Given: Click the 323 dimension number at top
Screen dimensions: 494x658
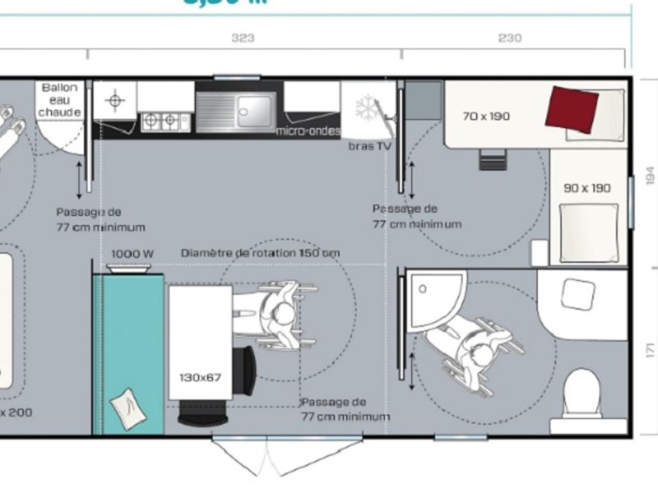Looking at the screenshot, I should pyautogui.click(x=243, y=38).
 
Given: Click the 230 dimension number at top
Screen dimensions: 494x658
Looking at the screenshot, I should pyautogui.click(x=509, y=38).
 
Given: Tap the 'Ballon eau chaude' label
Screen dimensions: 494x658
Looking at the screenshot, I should pyautogui.click(x=60, y=100).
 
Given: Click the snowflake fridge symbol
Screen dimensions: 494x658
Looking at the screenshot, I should pyautogui.click(x=366, y=110).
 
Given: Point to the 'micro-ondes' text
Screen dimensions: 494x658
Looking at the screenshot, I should pyautogui.click(x=308, y=131).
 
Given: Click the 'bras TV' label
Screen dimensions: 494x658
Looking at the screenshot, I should pyautogui.click(x=369, y=146).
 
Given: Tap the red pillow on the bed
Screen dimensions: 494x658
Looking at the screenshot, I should pyautogui.click(x=572, y=109).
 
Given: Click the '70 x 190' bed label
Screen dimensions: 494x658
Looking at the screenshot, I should pyautogui.click(x=486, y=117).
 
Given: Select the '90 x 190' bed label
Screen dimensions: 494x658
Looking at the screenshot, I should pyautogui.click(x=587, y=188).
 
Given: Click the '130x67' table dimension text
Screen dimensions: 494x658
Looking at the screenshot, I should pyautogui.click(x=200, y=377).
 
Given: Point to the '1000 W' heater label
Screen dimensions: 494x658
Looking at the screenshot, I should pyautogui.click(x=132, y=254).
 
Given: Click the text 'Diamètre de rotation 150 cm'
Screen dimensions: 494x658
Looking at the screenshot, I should pyautogui.click(x=260, y=253).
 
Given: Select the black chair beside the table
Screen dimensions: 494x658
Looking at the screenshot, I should pyautogui.click(x=245, y=370).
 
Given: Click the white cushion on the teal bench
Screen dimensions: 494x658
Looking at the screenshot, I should pyautogui.click(x=128, y=409).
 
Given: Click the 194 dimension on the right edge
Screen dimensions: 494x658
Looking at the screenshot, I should pyautogui.click(x=650, y=177).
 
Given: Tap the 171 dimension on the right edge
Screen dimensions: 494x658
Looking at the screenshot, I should pyautogui.click(x=650, y=349).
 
